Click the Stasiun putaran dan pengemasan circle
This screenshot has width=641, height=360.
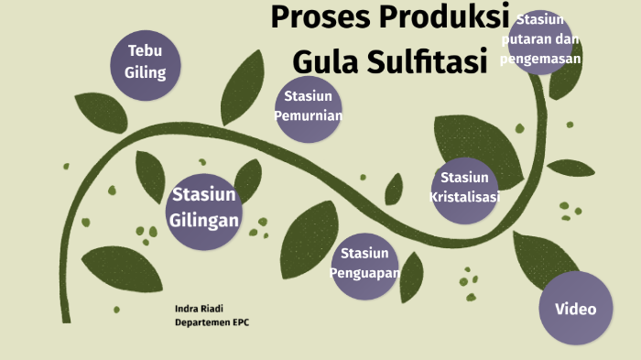point(540,40)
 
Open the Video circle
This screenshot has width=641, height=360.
point(575,308)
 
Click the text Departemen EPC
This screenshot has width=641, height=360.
point(212,322)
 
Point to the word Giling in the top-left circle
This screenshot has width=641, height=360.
point(146,71)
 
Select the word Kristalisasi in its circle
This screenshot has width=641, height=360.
point(464,197)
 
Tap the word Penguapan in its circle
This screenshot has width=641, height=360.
point(365,272)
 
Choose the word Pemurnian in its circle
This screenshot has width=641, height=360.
point(309,116)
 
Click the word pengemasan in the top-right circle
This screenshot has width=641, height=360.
point(541,59)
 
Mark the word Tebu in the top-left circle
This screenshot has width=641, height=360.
point(146,51)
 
